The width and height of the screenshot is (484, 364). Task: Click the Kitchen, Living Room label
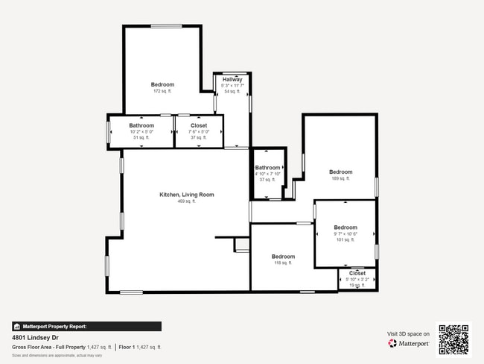[186, 195]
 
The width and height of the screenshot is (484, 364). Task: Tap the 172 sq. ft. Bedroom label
[162, 84]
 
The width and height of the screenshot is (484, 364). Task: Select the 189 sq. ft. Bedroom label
[340, 172]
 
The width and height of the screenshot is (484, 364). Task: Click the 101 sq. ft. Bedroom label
[346, 228]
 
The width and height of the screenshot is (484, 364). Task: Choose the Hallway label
[232, 80]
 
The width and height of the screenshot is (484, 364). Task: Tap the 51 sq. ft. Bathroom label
[141, 126]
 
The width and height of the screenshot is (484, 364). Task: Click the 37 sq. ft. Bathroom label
[267, 168]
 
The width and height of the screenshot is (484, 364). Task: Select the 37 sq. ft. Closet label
[199, 126]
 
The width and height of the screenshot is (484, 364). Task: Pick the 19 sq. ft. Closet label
[357, 273]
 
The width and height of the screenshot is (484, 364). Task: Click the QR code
[453, 338]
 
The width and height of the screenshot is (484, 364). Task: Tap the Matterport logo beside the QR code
[409, 344]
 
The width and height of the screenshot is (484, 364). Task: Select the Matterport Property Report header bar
[86, 326]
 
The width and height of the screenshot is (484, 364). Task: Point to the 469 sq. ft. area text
[186, 201]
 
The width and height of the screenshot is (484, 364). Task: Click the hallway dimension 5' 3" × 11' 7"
[232, 86]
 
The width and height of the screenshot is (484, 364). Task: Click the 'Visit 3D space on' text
[408, 333]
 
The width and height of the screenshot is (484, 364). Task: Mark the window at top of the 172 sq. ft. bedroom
[166, 27]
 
